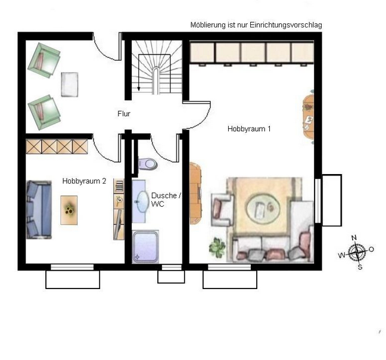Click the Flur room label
[x=124, y=114]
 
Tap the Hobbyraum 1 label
[x=249, y=129]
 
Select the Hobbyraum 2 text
[x=84, y=181]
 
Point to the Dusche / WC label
[x=166, y=200]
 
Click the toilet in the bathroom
[x=147, y=163]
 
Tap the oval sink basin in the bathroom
[x=143, y=201]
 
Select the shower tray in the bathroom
[x=145, y=247]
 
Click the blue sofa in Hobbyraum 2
[x=39, y=210]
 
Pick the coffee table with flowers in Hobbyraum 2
[x=69, y=210]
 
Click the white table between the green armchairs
[x=70, y=85]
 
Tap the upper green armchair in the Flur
[x=44, y=60]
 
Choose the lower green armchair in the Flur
[x=44, y=112]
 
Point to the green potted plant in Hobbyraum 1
[x=217, y=247]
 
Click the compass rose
[x=356, y=252]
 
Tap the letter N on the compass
[x=354, y=238]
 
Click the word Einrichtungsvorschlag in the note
[x=286, y=25]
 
